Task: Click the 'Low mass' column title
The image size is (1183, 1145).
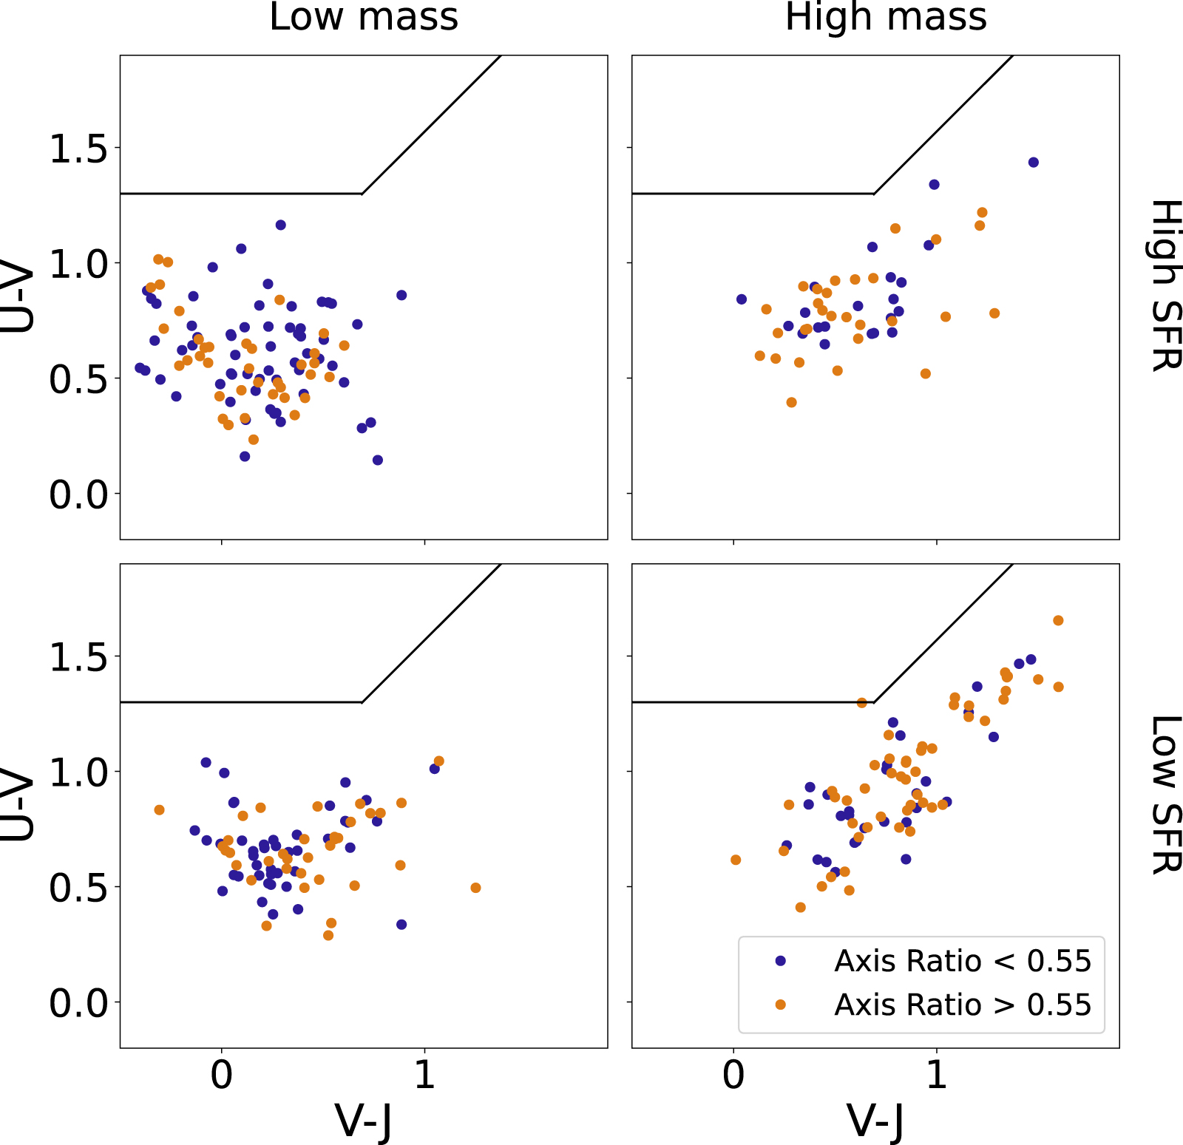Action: pyautogui.click(x=363, y=17)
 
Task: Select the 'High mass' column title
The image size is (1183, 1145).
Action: pyautogui.click(x=885, y=17)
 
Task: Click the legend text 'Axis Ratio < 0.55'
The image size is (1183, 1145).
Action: pyautogui.click(x=962, y=961)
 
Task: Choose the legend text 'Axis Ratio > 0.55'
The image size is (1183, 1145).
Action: pyautogui.click(x=962, y=1005)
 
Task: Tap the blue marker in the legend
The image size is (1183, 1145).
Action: pyautogui.click(x=780, y=961)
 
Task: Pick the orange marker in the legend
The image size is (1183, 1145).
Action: pyautogui.click(x=780, y=1005)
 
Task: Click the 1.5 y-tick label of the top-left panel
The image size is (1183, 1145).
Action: pyautogui.click(x=78, y=149)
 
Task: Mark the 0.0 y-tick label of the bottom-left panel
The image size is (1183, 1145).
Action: pyautogui.click(x=78, y=1003)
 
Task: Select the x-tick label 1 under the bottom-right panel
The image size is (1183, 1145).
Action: pyautogui.click(x=936, y=1075)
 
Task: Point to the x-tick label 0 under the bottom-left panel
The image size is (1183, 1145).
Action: pyautogui.click(x=221, y=1075)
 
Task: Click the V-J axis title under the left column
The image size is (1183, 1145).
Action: pyautogui.click(x=363, y=1121)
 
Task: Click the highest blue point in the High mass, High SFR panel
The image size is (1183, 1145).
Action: pyautogui.click(x=1033, y=163)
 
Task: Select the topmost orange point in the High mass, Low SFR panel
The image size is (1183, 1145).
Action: pyautogui.click(x=1058, y=620)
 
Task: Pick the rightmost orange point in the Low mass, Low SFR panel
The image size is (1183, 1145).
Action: pyautogui.click(x=475, y=888)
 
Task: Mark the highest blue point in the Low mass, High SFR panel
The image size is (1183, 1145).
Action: pyautogui.click(x=280, y=225)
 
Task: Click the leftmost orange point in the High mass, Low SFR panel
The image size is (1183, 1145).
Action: pyautogui.click(x=735, y=860)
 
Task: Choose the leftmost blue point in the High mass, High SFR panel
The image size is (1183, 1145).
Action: pyautogui.click(x=742, y=299)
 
